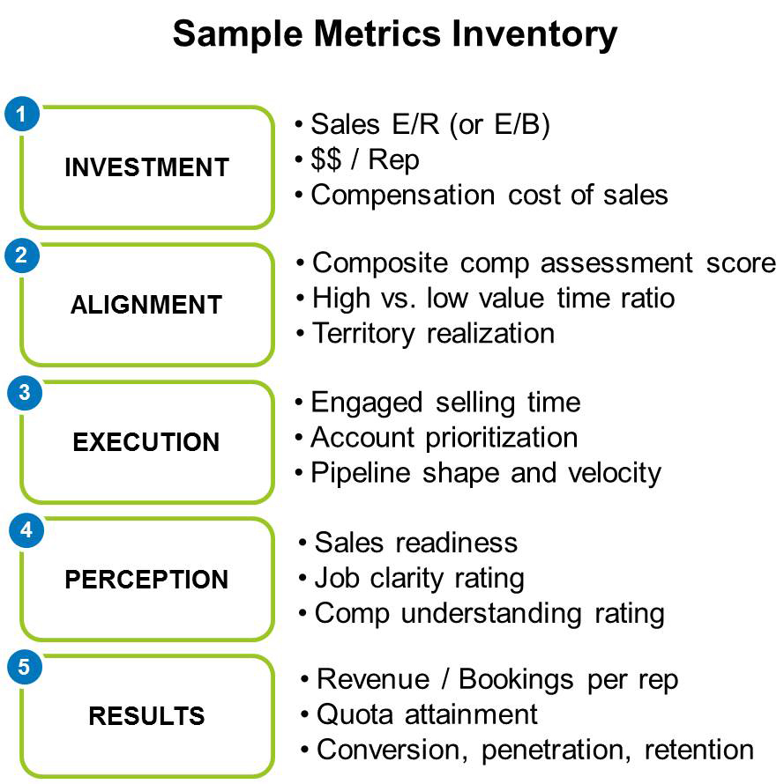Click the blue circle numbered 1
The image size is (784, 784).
coord(22,115)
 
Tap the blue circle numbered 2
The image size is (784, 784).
coord(22,255)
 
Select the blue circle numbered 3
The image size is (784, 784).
coord(25,393)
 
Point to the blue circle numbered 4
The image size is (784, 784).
coord(26,530)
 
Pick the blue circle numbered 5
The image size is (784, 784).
coord(25,667)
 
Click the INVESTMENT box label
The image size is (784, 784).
coord(146,167)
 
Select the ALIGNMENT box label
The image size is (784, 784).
coord(146,305)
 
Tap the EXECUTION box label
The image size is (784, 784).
coord(146,442)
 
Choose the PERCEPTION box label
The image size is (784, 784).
coord(146,580)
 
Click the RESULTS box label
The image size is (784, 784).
coord(146,715)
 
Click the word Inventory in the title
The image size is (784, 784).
coord(534,35)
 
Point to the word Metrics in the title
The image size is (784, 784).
coord(377,34)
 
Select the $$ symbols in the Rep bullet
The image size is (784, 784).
coord(326,160)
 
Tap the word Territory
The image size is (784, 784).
coord(363,334)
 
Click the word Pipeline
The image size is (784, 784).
coord(361,473)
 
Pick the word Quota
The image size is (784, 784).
coord(355,714)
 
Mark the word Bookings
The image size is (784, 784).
coord(516,680)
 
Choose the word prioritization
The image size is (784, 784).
coord(502,438)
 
